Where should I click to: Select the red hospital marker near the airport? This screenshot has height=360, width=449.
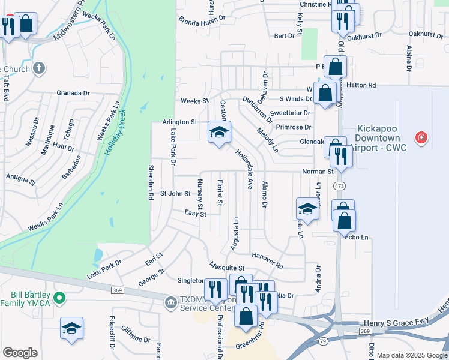421,138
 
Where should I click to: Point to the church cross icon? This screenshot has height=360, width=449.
40,67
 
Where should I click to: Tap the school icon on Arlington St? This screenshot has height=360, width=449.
219,131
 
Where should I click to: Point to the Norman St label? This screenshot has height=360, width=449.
318,172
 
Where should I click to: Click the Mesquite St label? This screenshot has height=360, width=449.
227,267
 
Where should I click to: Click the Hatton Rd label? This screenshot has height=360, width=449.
363,86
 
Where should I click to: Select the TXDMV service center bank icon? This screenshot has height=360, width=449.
170,301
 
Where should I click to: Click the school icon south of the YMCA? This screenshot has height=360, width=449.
71,328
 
